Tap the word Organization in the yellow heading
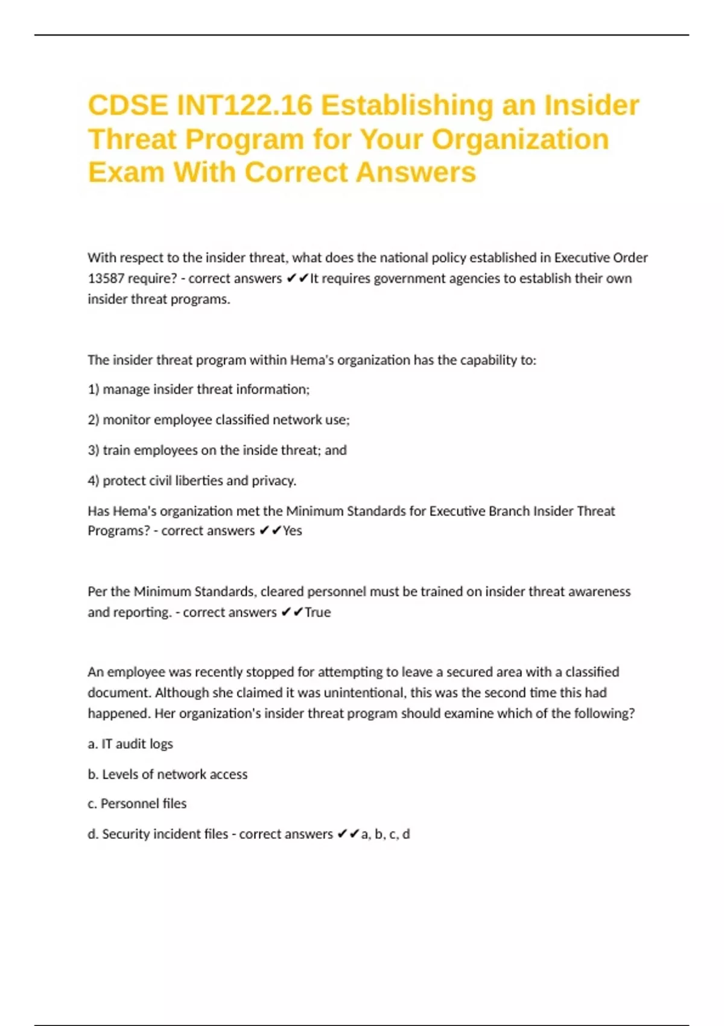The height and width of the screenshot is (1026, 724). [520, 139]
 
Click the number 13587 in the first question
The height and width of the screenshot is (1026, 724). [106, 279]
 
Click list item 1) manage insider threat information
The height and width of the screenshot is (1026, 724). [198, 390]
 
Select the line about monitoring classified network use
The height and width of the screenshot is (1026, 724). [218, 420]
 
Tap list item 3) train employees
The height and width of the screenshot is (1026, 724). [217, 450]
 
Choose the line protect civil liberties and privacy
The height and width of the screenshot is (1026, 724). [192, 481]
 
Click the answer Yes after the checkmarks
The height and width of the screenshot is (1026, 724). [293, 531]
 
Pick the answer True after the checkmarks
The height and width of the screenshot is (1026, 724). [318, 613]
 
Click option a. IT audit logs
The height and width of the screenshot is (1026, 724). [130, 744]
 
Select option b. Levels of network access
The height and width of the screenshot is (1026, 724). [167, 774]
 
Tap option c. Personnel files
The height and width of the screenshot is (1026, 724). [137, 804]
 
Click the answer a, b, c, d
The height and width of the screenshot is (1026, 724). [386, 834]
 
